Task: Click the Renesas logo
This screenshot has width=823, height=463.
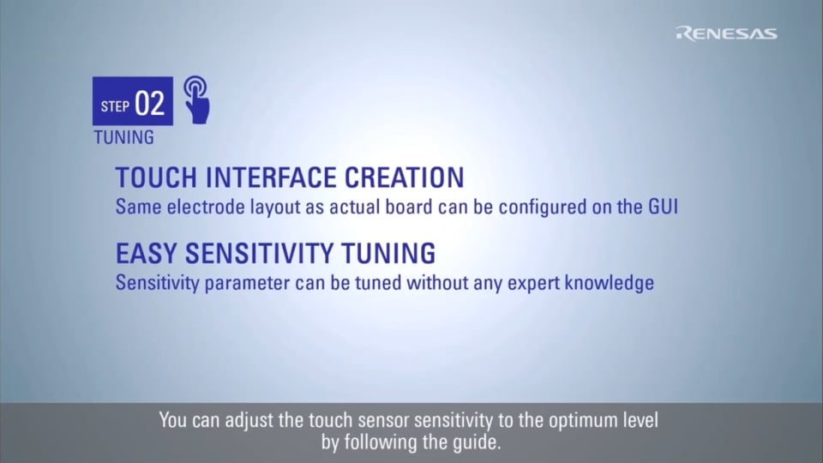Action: point(726,33)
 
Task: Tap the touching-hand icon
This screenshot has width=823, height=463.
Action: point(196,99)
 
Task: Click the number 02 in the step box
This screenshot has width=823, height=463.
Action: point(149,104)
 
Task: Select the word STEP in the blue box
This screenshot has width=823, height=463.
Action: point(115,107)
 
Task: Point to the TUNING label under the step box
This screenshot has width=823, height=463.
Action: point(123,137)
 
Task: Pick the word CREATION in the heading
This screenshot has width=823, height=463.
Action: point(404,177)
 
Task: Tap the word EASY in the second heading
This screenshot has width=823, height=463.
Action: point(147,253)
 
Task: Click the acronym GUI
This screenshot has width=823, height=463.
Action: point(663,207)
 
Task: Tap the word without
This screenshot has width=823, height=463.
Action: point(437,283)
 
